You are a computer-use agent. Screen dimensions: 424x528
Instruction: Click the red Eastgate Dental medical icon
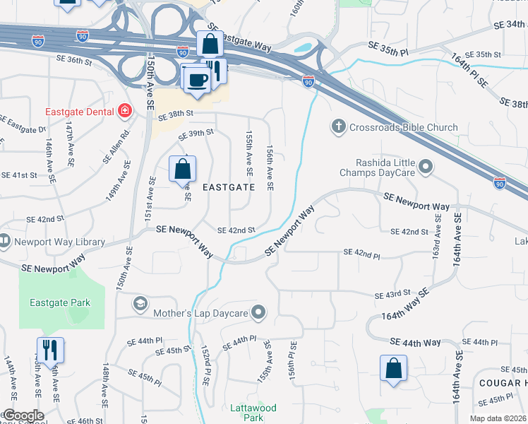125,111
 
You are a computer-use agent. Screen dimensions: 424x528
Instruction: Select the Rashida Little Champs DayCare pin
426,167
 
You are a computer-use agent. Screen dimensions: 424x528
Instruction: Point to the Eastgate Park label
60,303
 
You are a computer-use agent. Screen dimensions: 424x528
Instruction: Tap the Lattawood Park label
253,412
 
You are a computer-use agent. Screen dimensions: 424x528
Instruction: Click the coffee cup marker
196,78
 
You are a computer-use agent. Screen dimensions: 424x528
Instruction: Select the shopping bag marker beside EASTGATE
182,170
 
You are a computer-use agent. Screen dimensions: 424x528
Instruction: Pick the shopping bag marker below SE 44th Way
393,368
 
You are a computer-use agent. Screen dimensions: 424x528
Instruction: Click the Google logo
23,416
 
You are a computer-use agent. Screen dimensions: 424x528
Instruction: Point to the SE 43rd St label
393,293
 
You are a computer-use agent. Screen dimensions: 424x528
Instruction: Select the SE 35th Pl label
388,48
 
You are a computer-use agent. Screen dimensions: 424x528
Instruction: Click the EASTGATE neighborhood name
228,188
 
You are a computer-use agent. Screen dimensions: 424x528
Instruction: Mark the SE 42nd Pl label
362,252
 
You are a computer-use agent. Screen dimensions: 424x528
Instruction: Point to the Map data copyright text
498,418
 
